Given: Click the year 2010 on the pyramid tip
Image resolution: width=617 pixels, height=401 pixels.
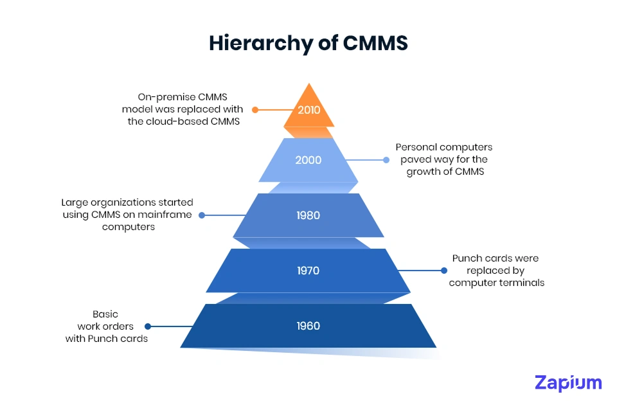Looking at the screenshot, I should coord(308,110).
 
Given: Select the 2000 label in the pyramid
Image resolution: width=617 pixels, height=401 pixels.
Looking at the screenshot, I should coord(308,160).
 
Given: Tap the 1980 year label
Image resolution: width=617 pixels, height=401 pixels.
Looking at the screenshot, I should coord(308,215).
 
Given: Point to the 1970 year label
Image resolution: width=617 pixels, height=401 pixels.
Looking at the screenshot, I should coord(308,271).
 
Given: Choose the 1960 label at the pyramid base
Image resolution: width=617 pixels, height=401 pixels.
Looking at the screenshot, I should coord(308,326).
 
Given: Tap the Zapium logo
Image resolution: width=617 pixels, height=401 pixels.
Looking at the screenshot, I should coord(568,383).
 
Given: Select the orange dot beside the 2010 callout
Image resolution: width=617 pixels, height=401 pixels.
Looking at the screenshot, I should coord(255,110).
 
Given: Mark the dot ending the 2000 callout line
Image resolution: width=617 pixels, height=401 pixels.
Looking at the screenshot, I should coord(386,160).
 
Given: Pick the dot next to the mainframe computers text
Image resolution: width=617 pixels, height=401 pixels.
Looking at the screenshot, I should coord(202,215).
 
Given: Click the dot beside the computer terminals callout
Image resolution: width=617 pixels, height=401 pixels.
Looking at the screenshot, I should coord(443,271).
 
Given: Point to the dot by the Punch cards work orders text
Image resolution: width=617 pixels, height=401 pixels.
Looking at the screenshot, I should coord(148,326).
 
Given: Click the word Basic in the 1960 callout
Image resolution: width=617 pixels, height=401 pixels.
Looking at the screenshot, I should coord(105,314).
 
